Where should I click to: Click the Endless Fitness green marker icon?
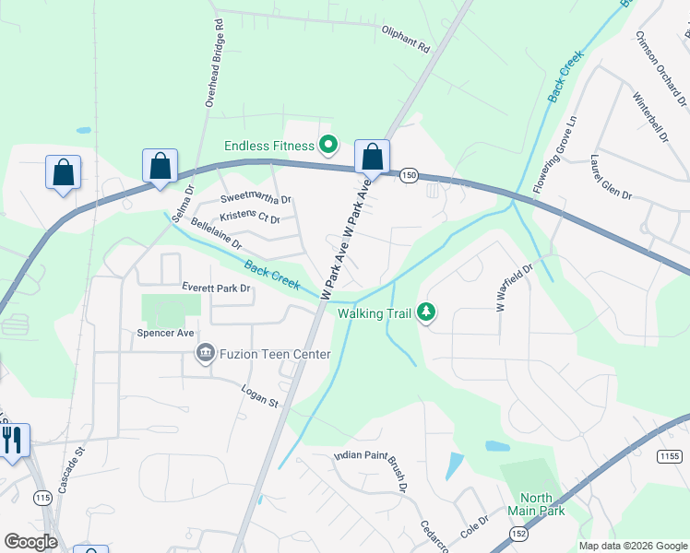point(327,145)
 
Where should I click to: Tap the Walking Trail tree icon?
point(426,313)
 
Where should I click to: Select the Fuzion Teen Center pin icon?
point(205,353)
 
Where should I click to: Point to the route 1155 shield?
point(671,456)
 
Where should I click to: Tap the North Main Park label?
point(536,504)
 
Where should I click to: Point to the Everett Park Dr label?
point(217,288)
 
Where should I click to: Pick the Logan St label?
point(260,396)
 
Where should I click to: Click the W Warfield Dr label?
point(515,288)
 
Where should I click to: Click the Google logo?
point(30,542)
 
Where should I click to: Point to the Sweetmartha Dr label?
point(256,199)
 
